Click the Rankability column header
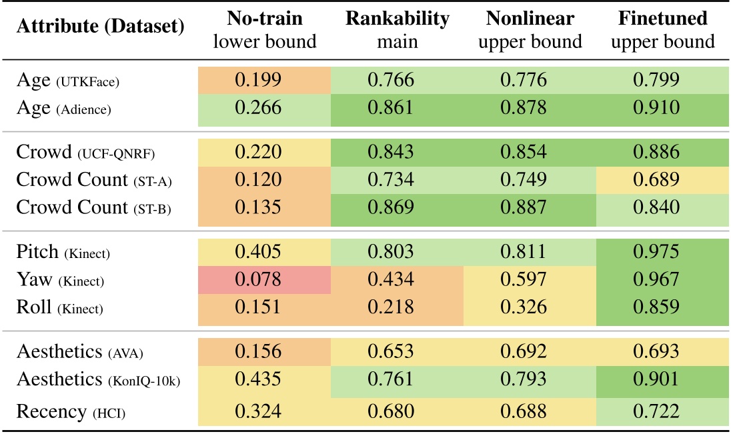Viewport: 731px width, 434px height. [398, 29]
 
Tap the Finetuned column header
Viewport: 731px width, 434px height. [663, 29]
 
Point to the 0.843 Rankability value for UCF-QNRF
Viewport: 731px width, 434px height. [398, 152]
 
